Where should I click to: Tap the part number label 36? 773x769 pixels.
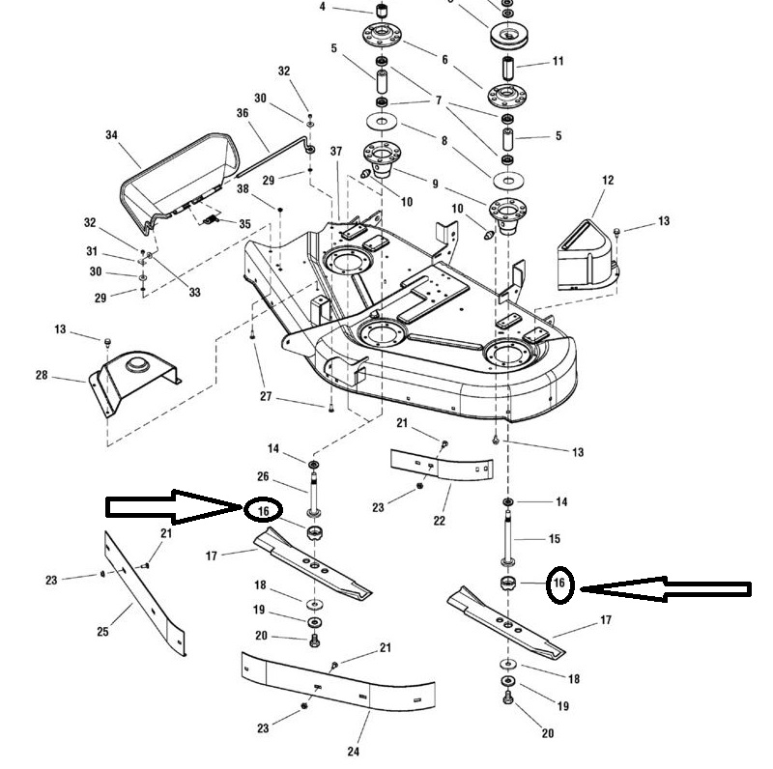point(242,112)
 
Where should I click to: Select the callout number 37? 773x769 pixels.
point(336,152)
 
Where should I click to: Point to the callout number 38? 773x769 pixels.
point(243,189)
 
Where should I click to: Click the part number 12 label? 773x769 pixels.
point(608,181)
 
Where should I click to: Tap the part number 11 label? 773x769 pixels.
point(558,61)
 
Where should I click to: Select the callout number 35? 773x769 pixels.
point(244,224)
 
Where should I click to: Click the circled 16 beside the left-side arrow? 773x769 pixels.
point(263,509)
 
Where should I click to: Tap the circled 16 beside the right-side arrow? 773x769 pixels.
point(559,583)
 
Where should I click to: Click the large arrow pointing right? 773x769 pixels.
point(174,505)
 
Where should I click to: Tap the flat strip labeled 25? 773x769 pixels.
point(145,589)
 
